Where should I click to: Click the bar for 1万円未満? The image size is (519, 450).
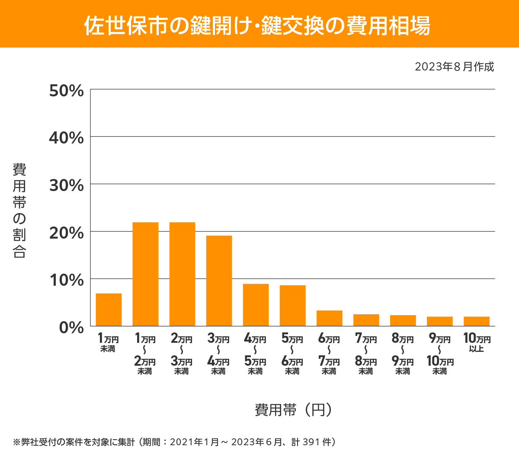pyautogui.click(x=109, y=310)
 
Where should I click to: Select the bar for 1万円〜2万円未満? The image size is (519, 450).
pyautogui.click(x=145, y=274)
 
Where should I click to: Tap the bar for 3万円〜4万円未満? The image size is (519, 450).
pyautogui.click(x=219, y=281)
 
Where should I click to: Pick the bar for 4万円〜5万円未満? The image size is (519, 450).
pyautogui.click(x=256, y=305)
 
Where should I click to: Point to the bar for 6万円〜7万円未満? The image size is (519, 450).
pyautogui.click(x=329, y=318)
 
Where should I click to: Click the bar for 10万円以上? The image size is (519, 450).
pyautogui.click(x=477, y=321)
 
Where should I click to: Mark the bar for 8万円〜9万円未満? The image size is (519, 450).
pyautogui.click(x=403, y=320)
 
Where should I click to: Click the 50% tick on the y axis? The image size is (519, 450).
pyautogui.click(x=66, y=91)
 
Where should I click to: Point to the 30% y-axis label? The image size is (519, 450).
pyautogui.click(x=66, y=185)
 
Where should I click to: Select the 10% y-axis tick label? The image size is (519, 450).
pyautogui.click(x=66, y=280)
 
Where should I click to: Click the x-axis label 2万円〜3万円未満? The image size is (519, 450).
pyautogui.click(x=182, y=354)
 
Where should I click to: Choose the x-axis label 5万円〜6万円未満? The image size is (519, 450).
pyautogui.click(x=292, y=354)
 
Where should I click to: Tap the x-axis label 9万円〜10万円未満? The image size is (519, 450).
pyautogui.click(x=440, y=354)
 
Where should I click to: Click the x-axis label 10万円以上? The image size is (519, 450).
pyautogui.click(x=477, y=342)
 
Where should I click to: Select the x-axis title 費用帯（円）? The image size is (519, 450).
pyautogui.click(x=293, y=409)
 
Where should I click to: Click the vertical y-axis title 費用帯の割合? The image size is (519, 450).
pyautogui.click(x=19, y=211)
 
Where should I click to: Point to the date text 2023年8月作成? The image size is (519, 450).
pyautogui.click(x=454, y=67)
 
